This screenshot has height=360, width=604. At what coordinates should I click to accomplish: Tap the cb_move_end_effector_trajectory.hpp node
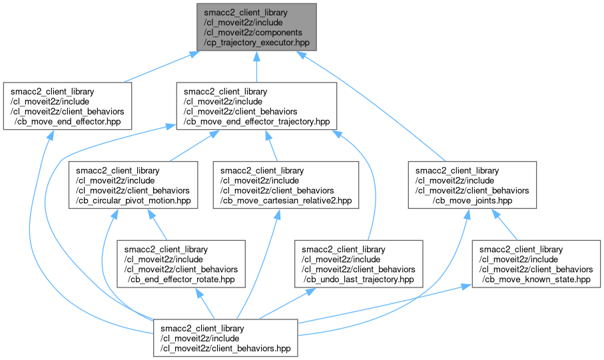pyautogui.click(x=256, y=106)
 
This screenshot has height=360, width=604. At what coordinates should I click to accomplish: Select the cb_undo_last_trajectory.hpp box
pyautogui.click(x=358, y=264)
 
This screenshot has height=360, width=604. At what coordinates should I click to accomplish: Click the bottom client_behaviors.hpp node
pyautogui.click(x=226, y=339)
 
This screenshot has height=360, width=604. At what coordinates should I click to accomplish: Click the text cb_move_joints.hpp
pyautogui.click(x=472, y=199)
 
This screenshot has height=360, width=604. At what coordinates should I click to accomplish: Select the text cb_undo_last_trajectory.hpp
pyautogui.click(x=358, y=279)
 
